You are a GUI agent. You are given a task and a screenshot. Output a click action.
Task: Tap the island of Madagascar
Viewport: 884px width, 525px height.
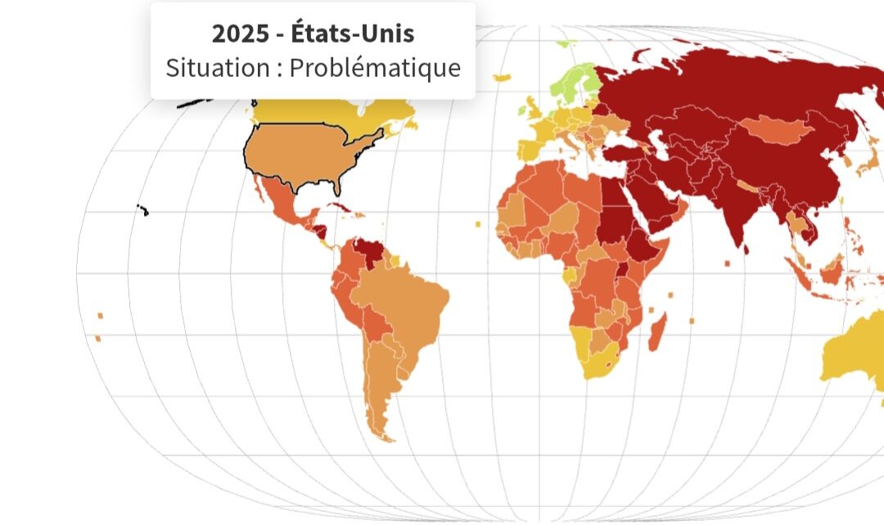(658, 332)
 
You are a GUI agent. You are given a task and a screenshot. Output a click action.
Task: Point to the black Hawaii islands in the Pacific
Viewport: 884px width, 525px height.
(143, 210)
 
